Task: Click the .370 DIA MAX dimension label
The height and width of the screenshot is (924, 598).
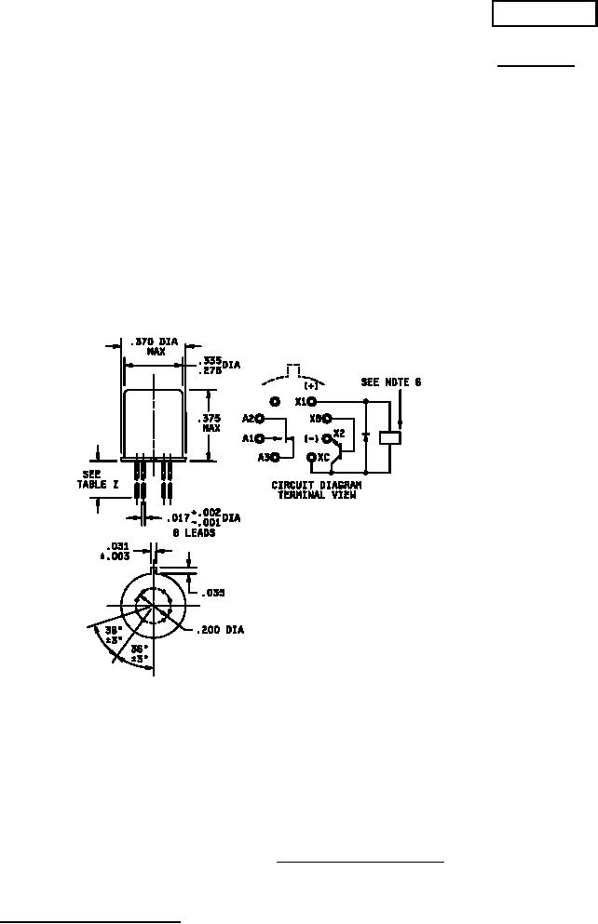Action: [155, 347]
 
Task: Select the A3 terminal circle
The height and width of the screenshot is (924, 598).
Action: [276, 457]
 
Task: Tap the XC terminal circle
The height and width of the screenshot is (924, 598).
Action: [310, 457]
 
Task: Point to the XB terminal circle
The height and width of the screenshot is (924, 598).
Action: [327, 419]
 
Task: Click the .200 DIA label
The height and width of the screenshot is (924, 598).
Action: [221, 630]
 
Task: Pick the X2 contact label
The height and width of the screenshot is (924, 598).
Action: [339, 434]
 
